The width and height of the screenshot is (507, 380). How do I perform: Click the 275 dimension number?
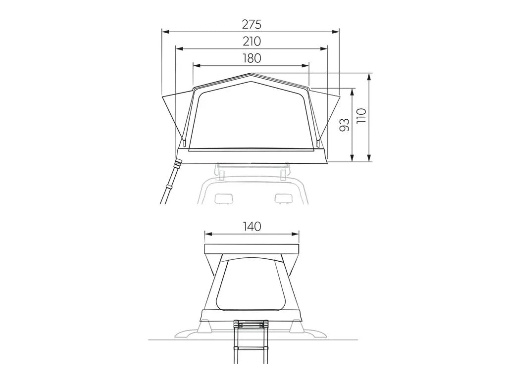pos(252,24)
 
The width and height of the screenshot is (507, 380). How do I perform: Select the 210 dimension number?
pos(252,42)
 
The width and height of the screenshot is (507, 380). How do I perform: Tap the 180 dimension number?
pos(252,58)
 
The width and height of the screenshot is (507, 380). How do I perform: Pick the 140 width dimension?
pos(252,227)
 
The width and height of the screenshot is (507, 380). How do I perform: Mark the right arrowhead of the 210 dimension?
pos(325,48)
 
